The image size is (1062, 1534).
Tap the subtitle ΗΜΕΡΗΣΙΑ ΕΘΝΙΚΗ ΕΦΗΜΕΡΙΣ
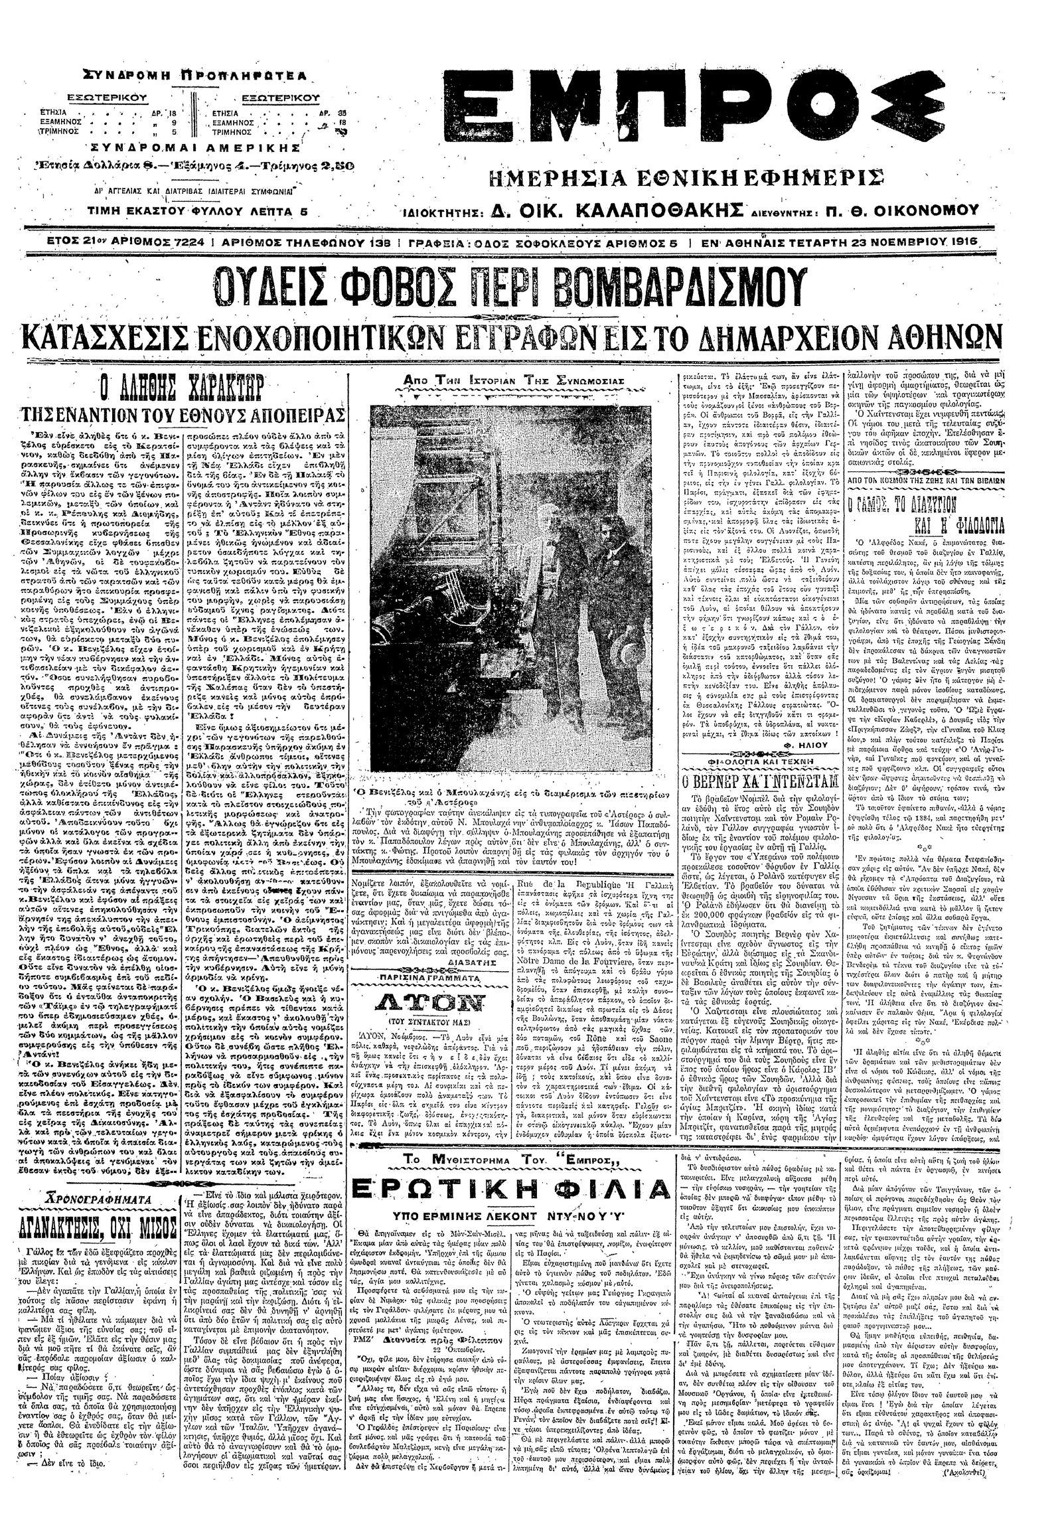pos(686,178)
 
